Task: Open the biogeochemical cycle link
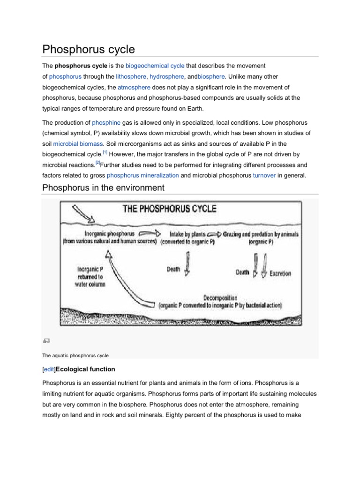(155, 65)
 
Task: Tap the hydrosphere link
(168, 76)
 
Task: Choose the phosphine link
(106, 122)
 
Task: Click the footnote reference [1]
(105, 152)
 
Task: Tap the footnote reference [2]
(97, 163)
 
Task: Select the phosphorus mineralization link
(142, 175)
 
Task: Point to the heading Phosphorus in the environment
(103, 188)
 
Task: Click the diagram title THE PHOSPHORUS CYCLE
(169, 209)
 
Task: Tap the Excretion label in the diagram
(280, 273)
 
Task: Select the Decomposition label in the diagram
(220, 298)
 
